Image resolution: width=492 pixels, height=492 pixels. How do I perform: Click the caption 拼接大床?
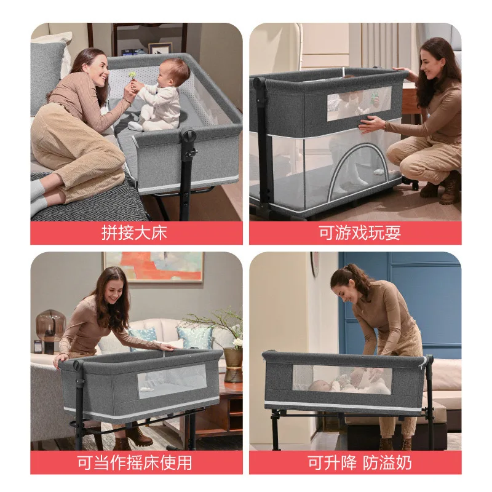(x=134, y=233)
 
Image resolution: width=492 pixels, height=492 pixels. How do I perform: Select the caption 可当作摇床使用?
(x=134, y=462)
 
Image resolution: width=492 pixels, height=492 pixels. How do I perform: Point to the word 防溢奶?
(x=382, y=462)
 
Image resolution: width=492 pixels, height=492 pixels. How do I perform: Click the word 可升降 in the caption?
(x=328, y=462)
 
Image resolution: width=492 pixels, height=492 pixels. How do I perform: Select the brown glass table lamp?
(x=50, y=325)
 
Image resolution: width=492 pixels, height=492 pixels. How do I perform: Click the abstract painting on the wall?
(x=153, y=266)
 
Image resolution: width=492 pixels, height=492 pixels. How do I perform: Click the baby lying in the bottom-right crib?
(x=332, y=385)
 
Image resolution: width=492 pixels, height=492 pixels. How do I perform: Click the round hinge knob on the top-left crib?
(x=189, y=136)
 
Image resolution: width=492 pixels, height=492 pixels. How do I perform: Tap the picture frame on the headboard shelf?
(x=160, y=48)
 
